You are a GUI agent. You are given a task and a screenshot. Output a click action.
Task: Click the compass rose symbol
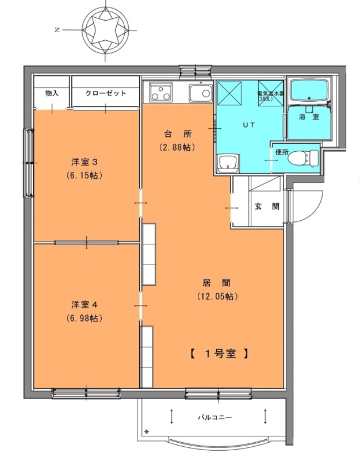(x=106, y=30)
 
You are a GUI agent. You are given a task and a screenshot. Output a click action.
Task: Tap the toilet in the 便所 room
(x=303, y=158)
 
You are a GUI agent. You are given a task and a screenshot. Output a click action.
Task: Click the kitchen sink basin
(x=201, y=93)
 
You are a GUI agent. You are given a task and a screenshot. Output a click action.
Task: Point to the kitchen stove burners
(x=160, y=92)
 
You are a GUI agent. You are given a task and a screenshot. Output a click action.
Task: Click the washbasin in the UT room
(x=228, y=164)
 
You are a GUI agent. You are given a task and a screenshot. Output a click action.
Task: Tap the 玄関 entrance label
(x=267, y=206)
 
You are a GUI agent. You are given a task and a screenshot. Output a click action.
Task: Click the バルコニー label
(x=215, y=417)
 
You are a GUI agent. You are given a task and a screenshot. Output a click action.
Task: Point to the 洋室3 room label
(x=85, y=162)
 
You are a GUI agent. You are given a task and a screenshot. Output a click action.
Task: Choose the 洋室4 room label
(x=85, y=305)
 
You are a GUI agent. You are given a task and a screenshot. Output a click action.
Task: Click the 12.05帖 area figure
(x=217, y=296)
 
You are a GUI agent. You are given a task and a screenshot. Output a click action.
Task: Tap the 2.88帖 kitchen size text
(x=178, y=147)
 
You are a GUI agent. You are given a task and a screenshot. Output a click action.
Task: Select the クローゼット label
(x=106, y=93)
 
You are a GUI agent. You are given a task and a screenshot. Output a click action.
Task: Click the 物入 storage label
(x=52, y=93)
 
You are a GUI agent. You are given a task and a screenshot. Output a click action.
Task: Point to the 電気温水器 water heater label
(x=270, y=94)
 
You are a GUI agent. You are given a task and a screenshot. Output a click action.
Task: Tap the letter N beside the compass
(x=58, y=30)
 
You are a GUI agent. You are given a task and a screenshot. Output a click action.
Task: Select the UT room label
(x=249, y=125)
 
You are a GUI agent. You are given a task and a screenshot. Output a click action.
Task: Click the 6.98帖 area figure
(x=85, y=319)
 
